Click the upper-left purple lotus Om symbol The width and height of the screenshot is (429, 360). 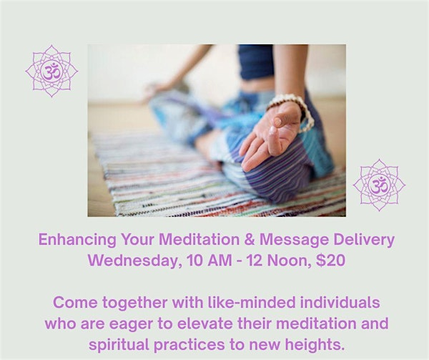coord(51,72)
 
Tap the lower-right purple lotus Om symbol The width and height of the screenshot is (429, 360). coord(379,185)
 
